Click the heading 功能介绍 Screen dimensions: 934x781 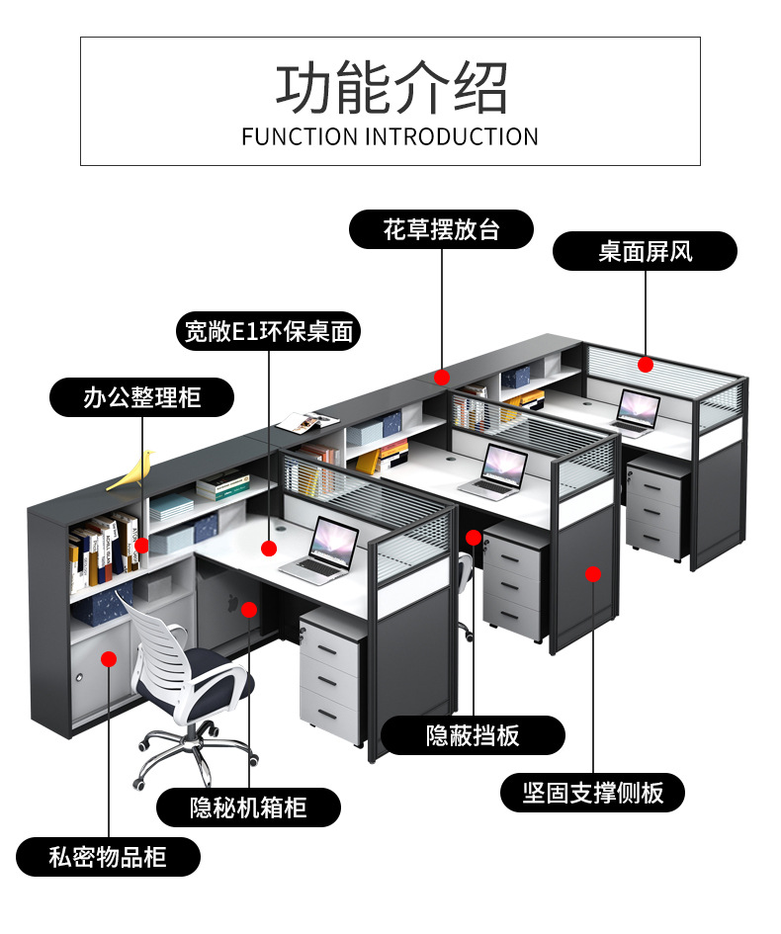(390, 88)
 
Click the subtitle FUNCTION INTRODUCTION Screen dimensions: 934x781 (390, 136)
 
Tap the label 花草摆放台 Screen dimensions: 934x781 (441, 230)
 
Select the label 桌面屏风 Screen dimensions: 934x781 (645, 251)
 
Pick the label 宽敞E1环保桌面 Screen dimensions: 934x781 (268, 331)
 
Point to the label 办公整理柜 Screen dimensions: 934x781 (141, 397)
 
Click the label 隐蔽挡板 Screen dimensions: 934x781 (473, 735)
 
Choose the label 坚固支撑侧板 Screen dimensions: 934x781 (592, 792)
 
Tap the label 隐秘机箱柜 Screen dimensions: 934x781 (248, 807)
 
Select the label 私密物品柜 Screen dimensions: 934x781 (108, 856)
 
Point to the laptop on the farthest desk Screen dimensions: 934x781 (636, 410)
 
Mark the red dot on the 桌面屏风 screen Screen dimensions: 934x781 (646, 365)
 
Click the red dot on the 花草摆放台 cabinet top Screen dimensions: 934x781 (442, 377)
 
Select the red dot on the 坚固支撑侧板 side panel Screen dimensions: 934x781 (592, 573)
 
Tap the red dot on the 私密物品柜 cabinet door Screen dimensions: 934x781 (109, 659)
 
